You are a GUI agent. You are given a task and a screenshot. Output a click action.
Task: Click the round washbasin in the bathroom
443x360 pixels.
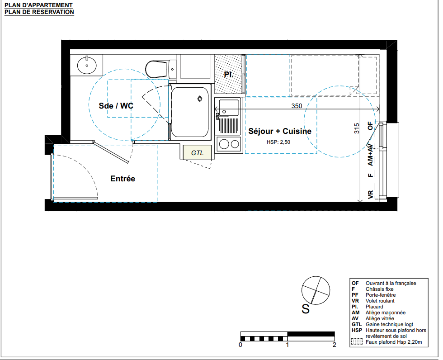click(87, 65)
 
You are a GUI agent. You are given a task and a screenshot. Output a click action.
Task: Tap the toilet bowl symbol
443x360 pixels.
click(156, 69)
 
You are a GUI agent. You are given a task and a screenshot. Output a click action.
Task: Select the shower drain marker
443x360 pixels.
click(200, 99)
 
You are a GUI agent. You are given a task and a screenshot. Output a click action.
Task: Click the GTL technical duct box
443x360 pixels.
click(197, 152)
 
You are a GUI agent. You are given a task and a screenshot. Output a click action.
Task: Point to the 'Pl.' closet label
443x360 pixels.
click(229, 75)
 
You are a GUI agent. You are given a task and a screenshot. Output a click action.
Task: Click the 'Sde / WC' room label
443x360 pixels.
click(116, 106)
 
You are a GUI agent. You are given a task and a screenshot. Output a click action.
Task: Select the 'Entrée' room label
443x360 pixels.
click(123, 179)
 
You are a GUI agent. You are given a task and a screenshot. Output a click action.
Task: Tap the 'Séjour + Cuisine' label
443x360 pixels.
click(280, 131)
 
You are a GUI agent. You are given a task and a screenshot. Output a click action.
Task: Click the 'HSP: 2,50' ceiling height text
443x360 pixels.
click(278, 142)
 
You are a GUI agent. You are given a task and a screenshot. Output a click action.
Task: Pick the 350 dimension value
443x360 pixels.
click(297, 106)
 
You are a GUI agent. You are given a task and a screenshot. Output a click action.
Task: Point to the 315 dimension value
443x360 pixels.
click(357, 128)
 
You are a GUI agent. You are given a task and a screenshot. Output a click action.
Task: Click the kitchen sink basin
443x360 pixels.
click(229, 108)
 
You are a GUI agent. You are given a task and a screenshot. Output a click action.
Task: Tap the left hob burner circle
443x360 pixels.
click(224, 144)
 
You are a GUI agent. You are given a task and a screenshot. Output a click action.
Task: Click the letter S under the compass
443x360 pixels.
click(306, 309)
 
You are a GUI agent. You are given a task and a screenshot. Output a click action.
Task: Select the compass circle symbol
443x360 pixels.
click(316, 290)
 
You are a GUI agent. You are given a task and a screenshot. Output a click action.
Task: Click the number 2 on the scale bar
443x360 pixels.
click(335, 345)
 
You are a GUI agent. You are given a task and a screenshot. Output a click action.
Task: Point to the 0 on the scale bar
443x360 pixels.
click(240, 345)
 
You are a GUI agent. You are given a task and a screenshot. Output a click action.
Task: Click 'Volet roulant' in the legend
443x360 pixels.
click(380, 301)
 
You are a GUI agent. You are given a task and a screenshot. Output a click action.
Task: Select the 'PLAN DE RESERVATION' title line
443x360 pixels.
click(39, 12)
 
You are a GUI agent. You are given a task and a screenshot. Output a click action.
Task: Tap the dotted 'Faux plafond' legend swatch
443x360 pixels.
click(357, 341)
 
